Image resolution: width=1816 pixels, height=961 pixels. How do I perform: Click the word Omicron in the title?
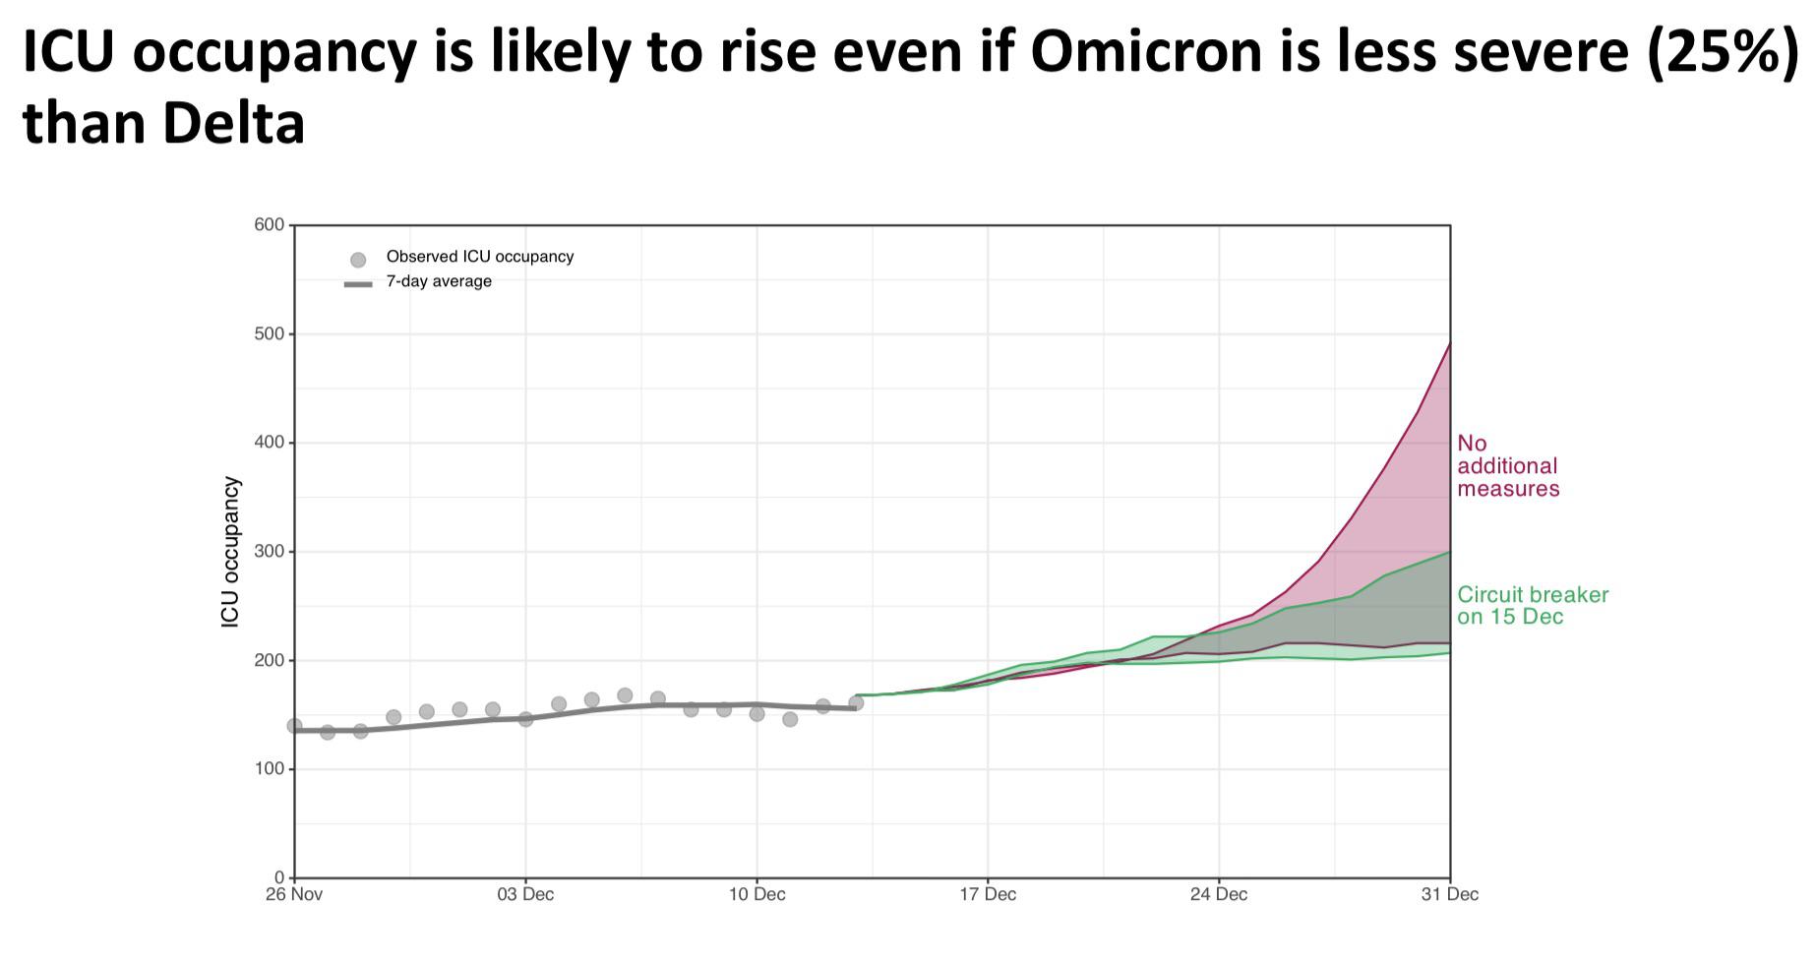pyautogui.click(x=1146, y=53)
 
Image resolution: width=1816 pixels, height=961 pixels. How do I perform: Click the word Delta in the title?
pyautogui.click(x=233, y=125)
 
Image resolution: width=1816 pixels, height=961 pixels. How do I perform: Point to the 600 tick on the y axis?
pyautogui.click(x=271, y=225)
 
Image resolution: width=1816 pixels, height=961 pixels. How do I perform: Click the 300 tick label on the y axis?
pyautogui.click(x=271, y=552)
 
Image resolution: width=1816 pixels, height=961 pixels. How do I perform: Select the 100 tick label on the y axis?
pyautogui.click(x=271, y=769)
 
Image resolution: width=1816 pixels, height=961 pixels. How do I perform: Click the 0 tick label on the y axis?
pyautogui.click(x=279, y=877)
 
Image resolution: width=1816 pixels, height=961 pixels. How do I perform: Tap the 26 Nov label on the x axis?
pyautogui.click(x=293, y=895)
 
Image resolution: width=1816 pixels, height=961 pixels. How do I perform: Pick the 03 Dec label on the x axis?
pyautogui.click(x=525, y=895)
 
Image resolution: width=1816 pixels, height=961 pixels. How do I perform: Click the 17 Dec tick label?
pyautogui.click(x=988, y=895)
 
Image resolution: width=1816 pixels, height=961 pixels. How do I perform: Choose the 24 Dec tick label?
pyautogui.click(x=1219, y=895)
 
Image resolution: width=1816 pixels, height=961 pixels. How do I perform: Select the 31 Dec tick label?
pyautogui.click(x=1450, y=895)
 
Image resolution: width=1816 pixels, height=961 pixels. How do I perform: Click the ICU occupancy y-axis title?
pyautogui.click(x=230, y=552)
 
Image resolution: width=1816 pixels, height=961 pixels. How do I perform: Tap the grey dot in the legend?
pyautogui.click(x=358, y=260)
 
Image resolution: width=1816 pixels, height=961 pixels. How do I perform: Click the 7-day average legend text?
pyautogui.click(x=439, y=282)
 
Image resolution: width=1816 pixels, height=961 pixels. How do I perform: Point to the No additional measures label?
pyautogui.click(x=1507, y=466)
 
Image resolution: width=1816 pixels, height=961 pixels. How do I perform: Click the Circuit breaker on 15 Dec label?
pyautogui.click(x=1532, y=606)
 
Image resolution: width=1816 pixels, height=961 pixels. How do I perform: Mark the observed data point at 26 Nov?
pyautogui.click(x=294, y=726)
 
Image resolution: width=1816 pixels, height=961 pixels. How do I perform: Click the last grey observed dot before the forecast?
pyautogui.click(x=856, y=702)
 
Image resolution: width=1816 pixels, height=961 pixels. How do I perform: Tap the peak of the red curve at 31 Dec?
pyautogui.click(x=1449, y=343)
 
